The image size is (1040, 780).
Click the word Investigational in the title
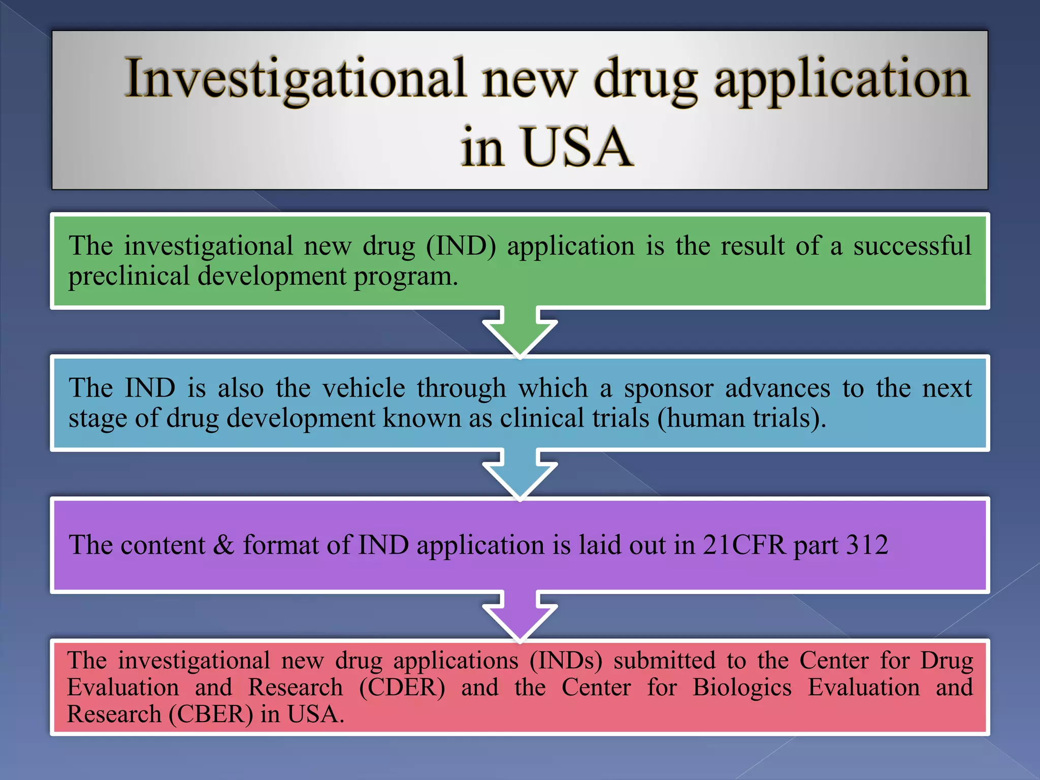click(295, 79)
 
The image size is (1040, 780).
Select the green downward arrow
click(520, 333)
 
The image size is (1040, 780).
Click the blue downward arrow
click(520, 475)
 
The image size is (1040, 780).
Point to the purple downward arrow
click(520, 617)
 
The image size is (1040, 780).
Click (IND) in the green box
click(461, 246)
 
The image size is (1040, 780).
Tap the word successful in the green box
click(912, 246)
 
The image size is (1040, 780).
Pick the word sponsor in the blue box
click(668, 388)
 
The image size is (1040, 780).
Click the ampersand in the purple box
click(223, 545)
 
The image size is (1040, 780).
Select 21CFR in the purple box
click(744, 545)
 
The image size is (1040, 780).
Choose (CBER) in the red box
click(211, 714)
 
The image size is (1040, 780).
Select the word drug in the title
click(645, 79)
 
